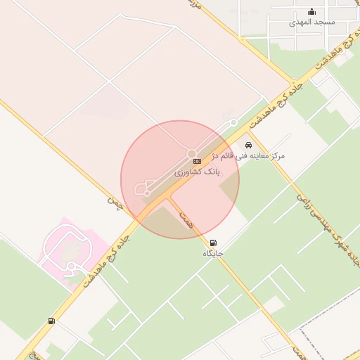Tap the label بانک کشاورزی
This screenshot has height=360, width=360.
(198, 172)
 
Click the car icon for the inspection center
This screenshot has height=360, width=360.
(247, 145)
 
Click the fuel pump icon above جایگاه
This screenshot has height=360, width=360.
(213, 243)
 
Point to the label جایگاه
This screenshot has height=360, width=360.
(213, 252)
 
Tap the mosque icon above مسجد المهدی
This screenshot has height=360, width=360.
(312, 12)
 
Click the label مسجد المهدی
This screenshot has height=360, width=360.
(312, 22)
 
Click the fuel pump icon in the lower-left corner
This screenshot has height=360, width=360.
(51, 321)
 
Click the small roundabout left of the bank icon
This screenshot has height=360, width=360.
(191, 154)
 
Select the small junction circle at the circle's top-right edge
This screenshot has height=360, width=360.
(233, 123)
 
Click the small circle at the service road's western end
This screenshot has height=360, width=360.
(148, 193)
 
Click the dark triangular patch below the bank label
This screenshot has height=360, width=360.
(229, 187)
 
